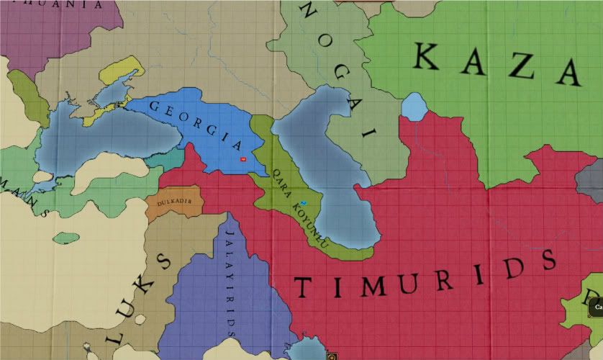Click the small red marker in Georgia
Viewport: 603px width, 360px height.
pyautogui.click(x=243, y=158)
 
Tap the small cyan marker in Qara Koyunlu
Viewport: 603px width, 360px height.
pyautogui.click(x=304, y=204)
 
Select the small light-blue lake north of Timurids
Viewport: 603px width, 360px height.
pyautogui.click(x=414, y=107)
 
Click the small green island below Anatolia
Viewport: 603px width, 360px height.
pyautogui.click(x=66, y=237)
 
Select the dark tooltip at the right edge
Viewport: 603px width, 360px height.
pyautogui.click(x=596, y=307)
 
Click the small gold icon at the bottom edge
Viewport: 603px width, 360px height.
pyautogui.click(x=332, y=356)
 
